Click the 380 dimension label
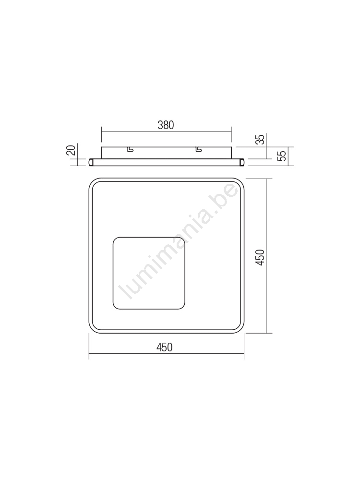click(166, 125)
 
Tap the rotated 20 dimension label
click(71, 151)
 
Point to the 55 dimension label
click(283, 156)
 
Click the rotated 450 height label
click(260, 257)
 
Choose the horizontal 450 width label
click(165, 347)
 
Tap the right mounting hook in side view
click(199, 149)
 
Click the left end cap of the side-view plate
click(91, 162)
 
